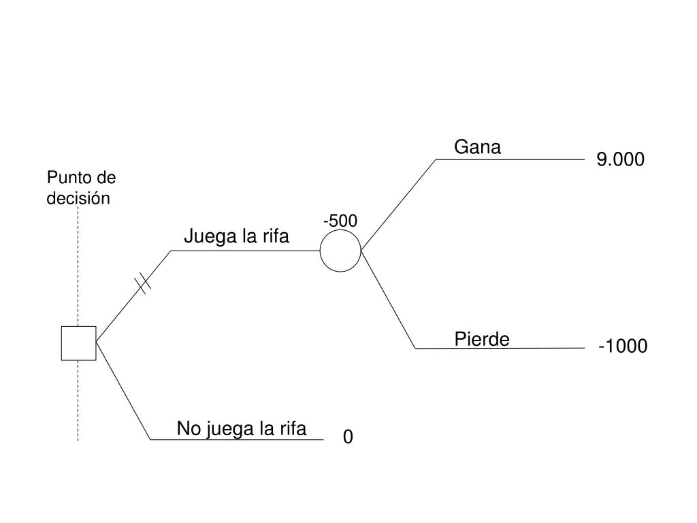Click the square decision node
78,343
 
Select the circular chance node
340,251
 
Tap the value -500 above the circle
340,221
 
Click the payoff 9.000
619,159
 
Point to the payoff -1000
623,347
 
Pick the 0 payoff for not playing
348,437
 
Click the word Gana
477,147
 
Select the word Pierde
482,339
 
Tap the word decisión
78,199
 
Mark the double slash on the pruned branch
144,283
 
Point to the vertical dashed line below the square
78,402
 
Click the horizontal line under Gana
510,159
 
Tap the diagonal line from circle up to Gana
398,204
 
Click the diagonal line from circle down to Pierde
388,300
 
